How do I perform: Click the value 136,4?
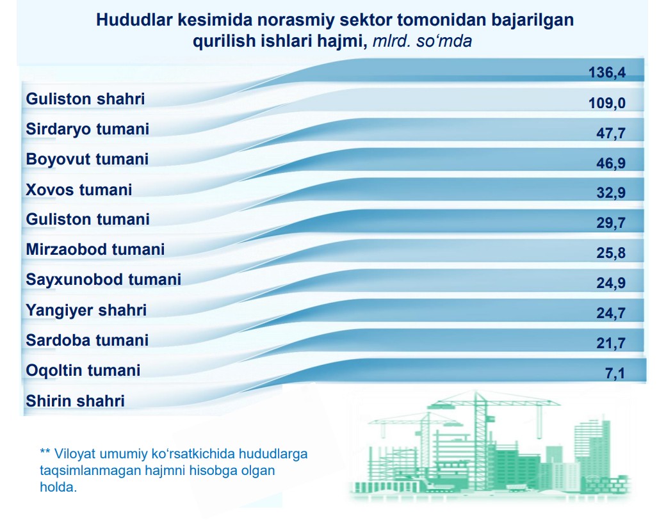[606, 72]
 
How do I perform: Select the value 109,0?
[606, 102]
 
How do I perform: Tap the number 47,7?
[611, 133]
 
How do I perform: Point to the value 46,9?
[611, 163]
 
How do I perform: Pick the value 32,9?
[611, 193]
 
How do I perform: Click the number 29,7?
[611, 223]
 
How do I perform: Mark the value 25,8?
[611, 253]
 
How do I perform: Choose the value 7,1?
[615, 374]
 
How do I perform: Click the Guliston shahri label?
[85, 99]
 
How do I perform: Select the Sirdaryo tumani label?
[88, 129]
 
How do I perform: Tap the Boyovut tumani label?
[87, 159]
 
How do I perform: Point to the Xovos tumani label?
[79, 189]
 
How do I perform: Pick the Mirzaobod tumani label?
[95, 250]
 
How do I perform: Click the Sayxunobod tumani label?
[104, 280]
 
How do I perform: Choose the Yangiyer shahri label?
[86, 310]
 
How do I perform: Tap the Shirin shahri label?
[75, 401]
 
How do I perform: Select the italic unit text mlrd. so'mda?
[422, 41]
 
